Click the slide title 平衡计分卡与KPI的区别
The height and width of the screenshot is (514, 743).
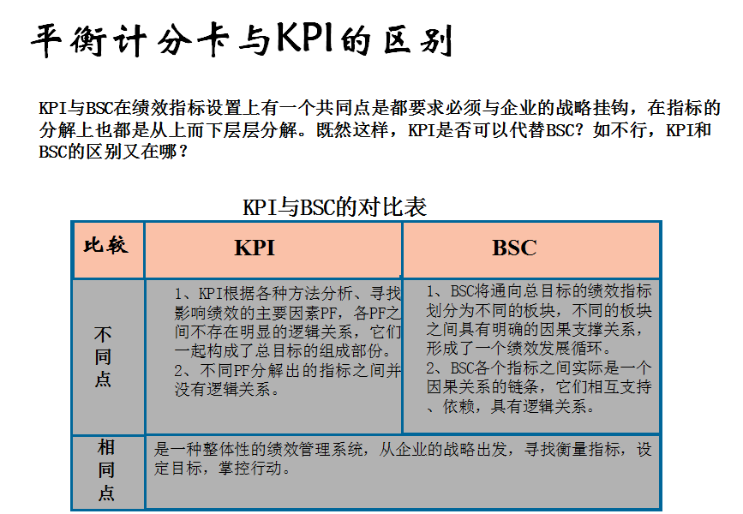pyautogui.click(x=242, y=40)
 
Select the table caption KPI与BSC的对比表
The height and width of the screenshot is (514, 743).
pyautogui.click(x=334, y=207)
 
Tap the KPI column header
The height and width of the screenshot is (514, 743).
pyautogui.click(x=255, y=248)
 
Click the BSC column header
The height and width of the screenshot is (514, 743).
pyautogui.click(x=514, y=248)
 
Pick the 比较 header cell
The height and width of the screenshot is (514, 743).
pyautogui.click(x=106, y=245)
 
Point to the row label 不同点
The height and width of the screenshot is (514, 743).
pyautogui.click(x=103, y=356)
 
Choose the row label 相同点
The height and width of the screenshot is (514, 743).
pyautogui.click(x=106, y=470)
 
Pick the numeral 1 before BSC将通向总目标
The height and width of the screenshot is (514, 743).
pyautogui.click(x=431, y=291)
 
